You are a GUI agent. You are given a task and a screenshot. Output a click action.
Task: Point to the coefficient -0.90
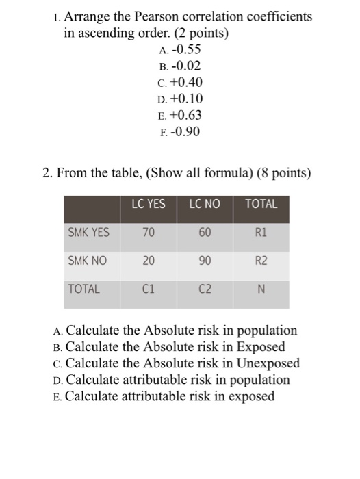(x=187, y=132)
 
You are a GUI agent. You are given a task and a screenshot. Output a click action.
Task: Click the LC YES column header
(x=149, y=204)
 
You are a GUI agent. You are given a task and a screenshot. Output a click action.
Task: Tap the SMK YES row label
(x=89, y=233)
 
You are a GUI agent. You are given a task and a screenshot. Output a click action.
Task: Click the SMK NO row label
(x=88, y=261)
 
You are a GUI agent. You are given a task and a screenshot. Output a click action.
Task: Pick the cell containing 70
(x=149, y=233)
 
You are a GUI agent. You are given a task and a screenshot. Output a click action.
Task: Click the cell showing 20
(x=149, y=261)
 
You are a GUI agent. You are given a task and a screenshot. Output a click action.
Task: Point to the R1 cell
(x=261, y=233)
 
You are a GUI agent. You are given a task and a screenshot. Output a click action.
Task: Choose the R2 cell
(x=261, y=261)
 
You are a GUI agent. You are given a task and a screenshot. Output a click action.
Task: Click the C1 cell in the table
(x=149, y=289)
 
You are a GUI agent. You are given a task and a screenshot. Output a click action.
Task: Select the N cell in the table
(x=261, y=289)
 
